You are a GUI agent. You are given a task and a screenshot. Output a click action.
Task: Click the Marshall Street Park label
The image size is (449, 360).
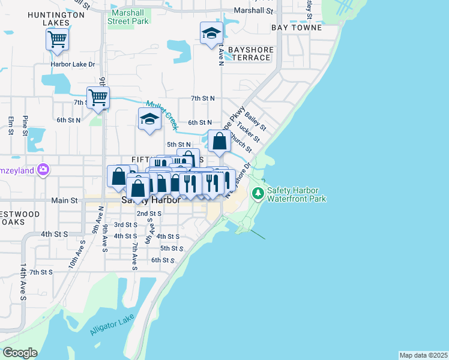(x=128, y=16)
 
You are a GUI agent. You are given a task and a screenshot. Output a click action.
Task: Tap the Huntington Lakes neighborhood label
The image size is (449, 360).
(x=57, y=18)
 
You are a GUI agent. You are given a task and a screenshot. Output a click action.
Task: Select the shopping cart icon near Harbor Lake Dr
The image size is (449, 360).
(x=58, y=40)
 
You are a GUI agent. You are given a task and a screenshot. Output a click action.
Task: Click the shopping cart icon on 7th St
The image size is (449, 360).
(x=98, y=97)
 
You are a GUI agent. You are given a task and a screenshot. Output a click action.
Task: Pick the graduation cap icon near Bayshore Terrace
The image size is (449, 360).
(x=211, y=34)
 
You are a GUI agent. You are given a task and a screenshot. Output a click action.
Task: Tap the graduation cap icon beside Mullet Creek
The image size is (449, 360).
(x=149, y=119)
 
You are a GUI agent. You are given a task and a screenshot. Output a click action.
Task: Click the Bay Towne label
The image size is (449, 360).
(x=297, y=28)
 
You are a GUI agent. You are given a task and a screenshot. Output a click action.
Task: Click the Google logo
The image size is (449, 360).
(x=19, y=353)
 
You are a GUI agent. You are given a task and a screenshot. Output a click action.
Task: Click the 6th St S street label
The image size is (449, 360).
(x=163, y=260)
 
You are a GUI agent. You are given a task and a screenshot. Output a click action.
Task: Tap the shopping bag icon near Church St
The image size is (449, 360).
(x=220, y=142)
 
